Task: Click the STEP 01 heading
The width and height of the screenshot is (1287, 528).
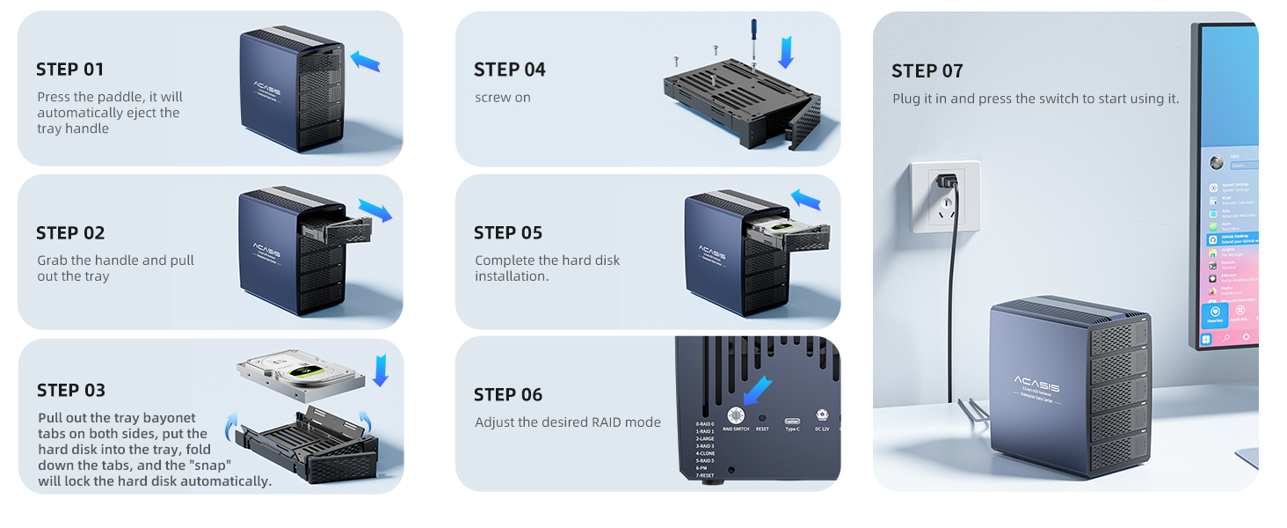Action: coord(70,70)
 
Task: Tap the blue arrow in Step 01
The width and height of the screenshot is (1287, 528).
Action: coord(365,61)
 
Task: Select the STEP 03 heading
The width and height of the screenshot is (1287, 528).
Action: coord(71,390)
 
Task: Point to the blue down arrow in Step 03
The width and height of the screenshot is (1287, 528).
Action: coord(380,370)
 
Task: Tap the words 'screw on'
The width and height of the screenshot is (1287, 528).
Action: coord(503,98)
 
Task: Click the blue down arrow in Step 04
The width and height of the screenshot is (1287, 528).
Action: coord(786,51)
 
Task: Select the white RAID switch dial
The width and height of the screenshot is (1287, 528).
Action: coord(735,415)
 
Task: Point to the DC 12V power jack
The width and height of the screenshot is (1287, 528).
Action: coord(823,414)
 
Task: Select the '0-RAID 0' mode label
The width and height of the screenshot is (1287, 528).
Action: coord(705,423)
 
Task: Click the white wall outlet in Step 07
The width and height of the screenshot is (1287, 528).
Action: coord(945,195)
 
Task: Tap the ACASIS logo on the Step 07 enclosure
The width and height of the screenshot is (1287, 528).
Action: coord(1036,385)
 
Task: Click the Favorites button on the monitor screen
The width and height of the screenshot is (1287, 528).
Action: coord(1215,314)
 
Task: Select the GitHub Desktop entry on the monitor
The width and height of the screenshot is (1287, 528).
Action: coord(1236,238)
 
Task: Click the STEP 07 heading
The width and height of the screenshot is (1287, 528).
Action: coord(927,71)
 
